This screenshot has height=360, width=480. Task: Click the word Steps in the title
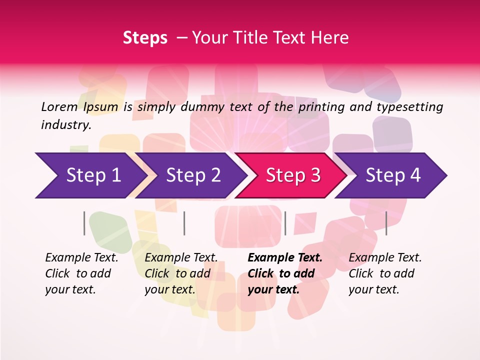145,38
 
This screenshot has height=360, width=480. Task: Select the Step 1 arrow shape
90,175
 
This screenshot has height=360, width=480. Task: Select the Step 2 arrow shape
192,175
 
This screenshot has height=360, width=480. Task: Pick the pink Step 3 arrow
292,175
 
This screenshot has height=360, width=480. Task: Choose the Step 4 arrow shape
393,175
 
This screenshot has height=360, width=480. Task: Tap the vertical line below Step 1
84,223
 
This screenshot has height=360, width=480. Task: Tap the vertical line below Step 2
184,223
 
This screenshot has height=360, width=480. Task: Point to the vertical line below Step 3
285,223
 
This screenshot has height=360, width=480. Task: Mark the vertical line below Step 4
386,223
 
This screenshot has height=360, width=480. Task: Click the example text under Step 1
81,273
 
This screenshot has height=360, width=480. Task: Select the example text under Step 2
181,273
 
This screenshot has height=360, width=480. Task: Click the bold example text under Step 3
285,273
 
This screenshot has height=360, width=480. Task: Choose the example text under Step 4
385,273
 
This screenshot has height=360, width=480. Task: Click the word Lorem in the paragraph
59,106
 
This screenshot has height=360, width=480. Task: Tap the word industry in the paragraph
66,125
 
